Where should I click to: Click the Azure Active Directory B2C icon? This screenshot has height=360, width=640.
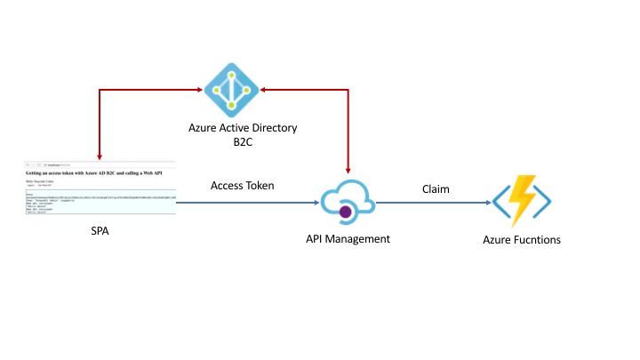[x=230, y=89]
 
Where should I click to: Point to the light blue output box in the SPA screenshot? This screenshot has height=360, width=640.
[x=100, y=204]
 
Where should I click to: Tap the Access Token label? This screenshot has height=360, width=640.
[x=243, y=186]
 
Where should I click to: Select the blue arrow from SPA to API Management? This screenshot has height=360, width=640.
[x=249, y=204]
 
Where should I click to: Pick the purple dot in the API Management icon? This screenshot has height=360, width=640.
[x=346, y=212]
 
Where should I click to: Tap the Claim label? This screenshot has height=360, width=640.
[x=435, y=189]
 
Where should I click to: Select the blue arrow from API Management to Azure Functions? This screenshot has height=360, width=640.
[x=436, y=204]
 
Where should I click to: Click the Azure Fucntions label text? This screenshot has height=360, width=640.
[x=522, y=239]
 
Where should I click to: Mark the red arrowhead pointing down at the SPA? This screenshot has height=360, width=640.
[x=100, y=154]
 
